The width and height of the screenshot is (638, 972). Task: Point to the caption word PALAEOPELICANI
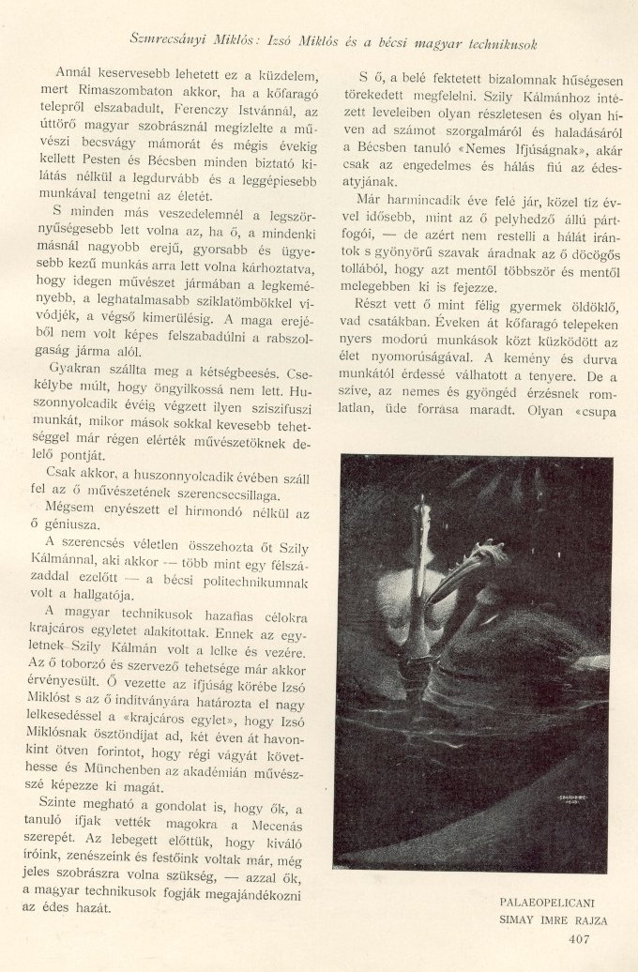[x=554, y=903]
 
